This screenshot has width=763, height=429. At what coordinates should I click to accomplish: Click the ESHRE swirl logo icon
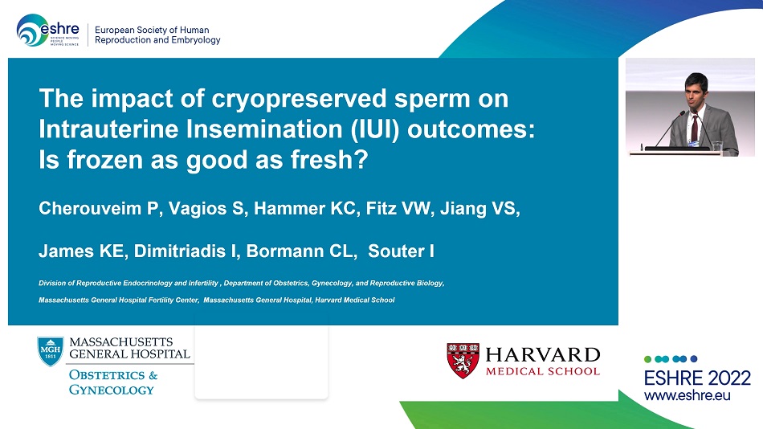click(31, 31)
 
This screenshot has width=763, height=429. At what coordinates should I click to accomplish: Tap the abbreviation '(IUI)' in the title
click(374, 129)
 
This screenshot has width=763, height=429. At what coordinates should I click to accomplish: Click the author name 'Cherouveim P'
click(99, 208)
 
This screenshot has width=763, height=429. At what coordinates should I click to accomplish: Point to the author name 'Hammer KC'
click(304, 208)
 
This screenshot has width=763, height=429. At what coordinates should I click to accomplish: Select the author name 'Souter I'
click(401, 251)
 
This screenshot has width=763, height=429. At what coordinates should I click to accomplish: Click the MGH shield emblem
click(51, 351)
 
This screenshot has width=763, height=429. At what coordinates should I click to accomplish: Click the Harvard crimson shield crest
click(463, 361)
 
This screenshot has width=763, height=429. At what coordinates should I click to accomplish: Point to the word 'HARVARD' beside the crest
click(543, 354)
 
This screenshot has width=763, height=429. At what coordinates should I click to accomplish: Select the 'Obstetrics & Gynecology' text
click(113, 382)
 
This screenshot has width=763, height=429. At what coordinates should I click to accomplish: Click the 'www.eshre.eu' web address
click(687, 395)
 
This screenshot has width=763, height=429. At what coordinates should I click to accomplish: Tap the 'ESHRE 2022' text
click(697, 378)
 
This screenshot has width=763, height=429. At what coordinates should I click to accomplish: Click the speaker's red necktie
click(695, 129)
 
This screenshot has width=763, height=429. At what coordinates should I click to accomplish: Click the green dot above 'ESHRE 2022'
click(647, 359)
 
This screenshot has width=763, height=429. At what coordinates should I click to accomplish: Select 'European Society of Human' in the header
click(152, 30)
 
